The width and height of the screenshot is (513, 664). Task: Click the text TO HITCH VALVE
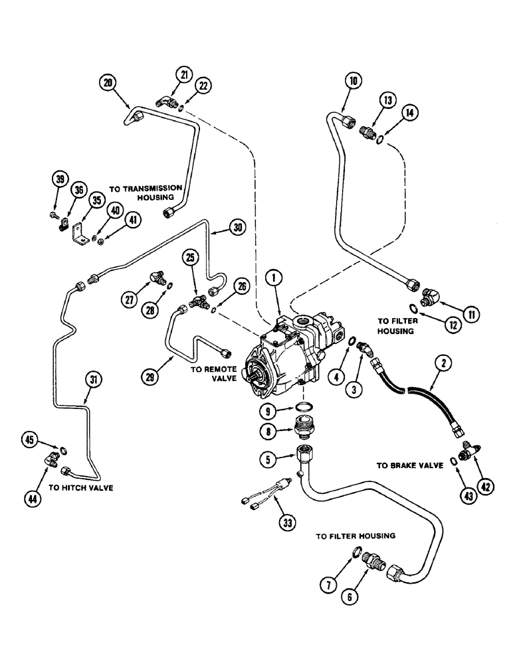(86, 488)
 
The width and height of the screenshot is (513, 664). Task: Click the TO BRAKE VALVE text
(409, 466)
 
